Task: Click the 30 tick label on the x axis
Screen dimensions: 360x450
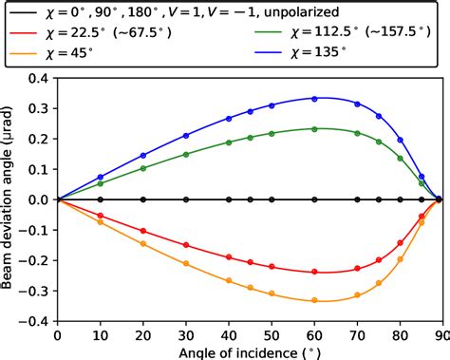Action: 185,334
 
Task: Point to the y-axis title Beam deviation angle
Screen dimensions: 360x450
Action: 9,199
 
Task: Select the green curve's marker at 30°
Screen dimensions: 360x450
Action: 186,155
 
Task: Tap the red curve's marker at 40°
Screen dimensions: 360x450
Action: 229,257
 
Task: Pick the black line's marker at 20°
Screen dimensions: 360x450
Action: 143,199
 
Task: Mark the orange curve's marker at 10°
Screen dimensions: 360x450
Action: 101,222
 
